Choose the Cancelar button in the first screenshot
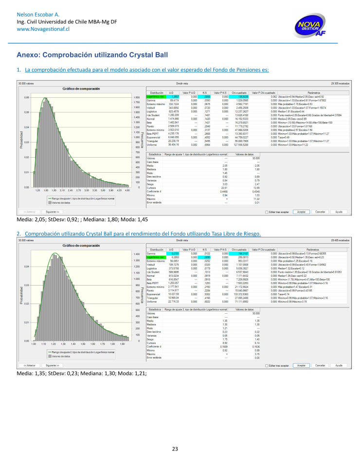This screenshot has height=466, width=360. [321, 212]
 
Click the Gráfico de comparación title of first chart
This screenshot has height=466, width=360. [78, 89]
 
